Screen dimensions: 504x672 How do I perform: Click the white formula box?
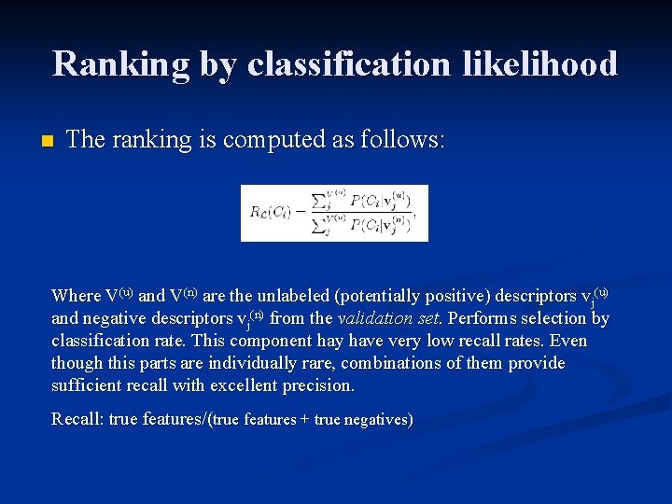[334, 213]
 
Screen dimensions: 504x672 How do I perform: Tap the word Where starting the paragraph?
[76, 296]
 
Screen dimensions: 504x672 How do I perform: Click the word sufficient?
[90, 385]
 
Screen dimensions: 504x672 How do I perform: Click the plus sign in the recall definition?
[305, 420]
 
